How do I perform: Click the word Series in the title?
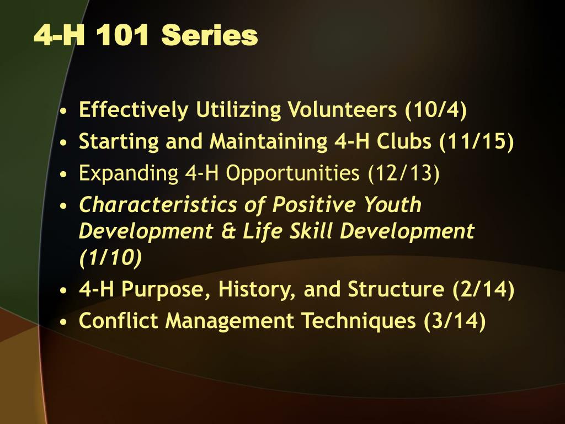209,35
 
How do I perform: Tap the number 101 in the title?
122,35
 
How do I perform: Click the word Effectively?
134,110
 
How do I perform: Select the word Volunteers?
342,109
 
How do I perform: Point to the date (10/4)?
436,110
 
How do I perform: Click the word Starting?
119,141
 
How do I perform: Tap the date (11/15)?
476,141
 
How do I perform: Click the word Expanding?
128,173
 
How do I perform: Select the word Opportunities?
292,173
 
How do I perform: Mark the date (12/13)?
403,173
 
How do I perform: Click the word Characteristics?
158,204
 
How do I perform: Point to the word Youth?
392,204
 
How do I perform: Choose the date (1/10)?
110,257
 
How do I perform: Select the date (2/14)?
483,289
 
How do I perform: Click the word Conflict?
118,321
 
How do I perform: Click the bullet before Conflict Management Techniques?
64,322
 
